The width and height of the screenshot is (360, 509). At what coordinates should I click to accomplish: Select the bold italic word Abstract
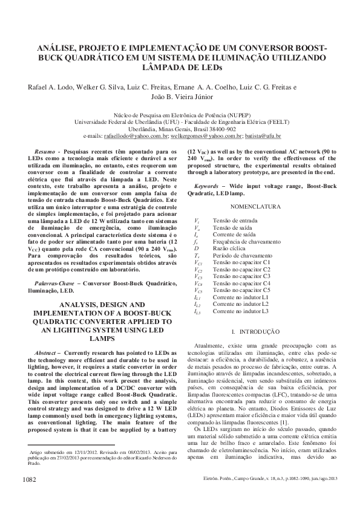click(x=48, y=352)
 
